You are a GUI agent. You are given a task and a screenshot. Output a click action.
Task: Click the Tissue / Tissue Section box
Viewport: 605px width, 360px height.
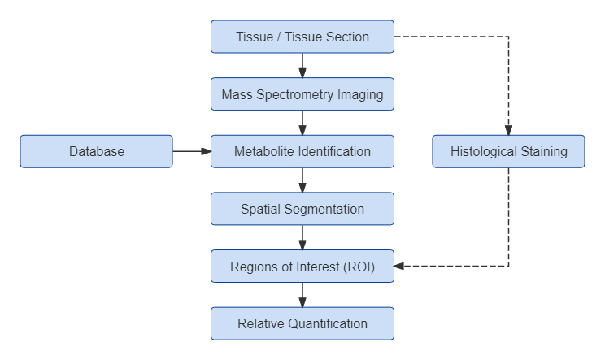pos(302,37)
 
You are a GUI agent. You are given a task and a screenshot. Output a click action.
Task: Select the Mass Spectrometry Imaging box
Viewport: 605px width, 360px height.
pos(302,94)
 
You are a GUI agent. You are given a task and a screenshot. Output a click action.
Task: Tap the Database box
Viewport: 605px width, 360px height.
pos(97,151)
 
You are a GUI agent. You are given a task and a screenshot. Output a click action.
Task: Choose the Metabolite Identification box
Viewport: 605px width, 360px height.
pos(302,151)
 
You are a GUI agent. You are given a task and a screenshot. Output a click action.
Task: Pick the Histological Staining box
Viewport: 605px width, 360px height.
pos(508,151)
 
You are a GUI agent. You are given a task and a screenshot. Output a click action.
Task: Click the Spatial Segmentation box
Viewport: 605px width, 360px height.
pos(302,209)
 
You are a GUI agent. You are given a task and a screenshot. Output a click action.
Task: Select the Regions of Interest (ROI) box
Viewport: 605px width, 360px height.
pos(302,267)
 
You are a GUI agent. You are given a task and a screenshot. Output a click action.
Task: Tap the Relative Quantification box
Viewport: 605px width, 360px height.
pos(302,323)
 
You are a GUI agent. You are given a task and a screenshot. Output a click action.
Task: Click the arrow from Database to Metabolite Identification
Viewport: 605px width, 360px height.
pos(192,151)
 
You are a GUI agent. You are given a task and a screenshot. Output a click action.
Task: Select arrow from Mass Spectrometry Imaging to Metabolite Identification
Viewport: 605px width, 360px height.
pos(302,123)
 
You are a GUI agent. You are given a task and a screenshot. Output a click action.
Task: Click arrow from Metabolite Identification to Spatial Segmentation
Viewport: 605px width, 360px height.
pos(302,180)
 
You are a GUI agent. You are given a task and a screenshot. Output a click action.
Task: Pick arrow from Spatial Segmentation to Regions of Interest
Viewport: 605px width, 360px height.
pos(302,237)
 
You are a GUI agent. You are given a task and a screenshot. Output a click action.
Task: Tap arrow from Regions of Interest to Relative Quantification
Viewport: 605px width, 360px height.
pos(302,295)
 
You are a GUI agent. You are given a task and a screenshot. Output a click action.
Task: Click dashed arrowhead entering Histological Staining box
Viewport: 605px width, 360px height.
pos(508,130)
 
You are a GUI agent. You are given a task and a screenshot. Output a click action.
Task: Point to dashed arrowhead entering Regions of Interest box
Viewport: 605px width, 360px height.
pos(400,266)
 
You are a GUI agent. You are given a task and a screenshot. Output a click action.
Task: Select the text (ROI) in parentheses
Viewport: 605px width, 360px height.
pos(358,267)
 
